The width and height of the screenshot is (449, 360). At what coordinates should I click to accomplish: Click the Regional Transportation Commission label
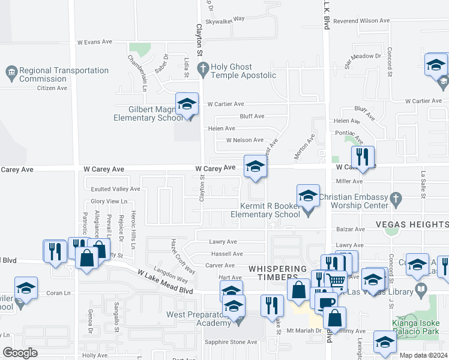tap(64, 74)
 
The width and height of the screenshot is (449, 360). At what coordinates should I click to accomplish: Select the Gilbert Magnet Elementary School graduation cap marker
tap(187, 104)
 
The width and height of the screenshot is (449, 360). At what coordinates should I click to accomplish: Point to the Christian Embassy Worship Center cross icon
tap(396, 198)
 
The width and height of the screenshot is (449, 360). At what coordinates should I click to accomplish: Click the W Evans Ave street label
tap(95, 42)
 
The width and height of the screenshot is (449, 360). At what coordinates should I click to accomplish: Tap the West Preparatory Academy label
tap(198, 319)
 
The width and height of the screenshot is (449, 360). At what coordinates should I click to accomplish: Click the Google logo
tap(20, 353)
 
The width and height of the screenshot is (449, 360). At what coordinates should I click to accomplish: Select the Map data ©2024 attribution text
tap(423, 355)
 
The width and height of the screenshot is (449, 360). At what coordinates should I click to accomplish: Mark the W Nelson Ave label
tap(244, 140)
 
